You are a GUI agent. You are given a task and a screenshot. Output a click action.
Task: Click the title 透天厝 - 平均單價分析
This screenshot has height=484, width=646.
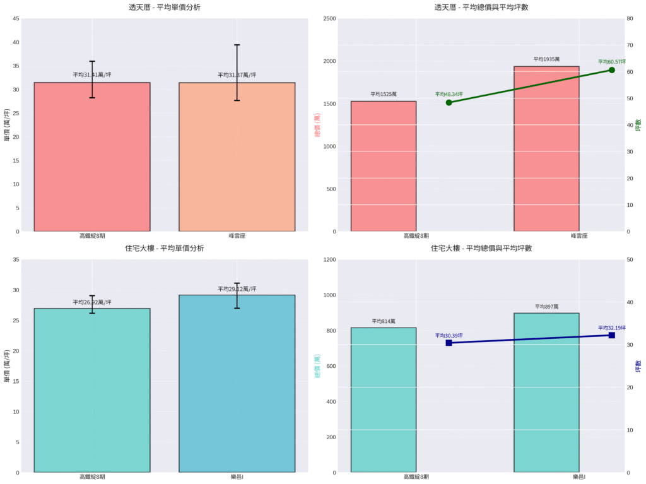tap(165, 7)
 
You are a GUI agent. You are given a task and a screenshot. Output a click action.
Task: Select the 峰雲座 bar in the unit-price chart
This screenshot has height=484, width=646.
tap(237, 158)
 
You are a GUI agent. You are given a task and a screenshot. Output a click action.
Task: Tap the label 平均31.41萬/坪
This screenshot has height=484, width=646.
tap(92, 74)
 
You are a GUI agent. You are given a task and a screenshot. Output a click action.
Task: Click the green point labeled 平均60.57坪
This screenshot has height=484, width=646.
tap(611, 70)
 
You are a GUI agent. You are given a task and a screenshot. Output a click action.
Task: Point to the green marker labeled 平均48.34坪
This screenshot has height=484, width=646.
tap(449, 102)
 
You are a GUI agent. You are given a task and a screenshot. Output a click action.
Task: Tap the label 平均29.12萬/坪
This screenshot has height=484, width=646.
tap(237, 289)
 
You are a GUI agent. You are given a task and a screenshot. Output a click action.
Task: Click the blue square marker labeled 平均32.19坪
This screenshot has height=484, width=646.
tap(611, 335)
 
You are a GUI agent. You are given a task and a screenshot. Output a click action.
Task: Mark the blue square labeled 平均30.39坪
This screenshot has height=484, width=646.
tap(449, 343)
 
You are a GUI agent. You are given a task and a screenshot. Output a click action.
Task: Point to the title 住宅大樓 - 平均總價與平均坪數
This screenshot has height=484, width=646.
tap(481, 249)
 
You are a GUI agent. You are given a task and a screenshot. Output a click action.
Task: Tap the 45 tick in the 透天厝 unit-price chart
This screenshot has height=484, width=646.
tap(15, 19)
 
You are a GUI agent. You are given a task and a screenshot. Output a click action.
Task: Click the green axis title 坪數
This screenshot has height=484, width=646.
tap(638, 125)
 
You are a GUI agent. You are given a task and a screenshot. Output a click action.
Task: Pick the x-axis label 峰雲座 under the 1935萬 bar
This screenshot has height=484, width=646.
tap(579, 235)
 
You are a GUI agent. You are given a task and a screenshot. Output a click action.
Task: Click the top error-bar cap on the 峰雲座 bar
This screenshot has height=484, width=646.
tap(237, 45)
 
